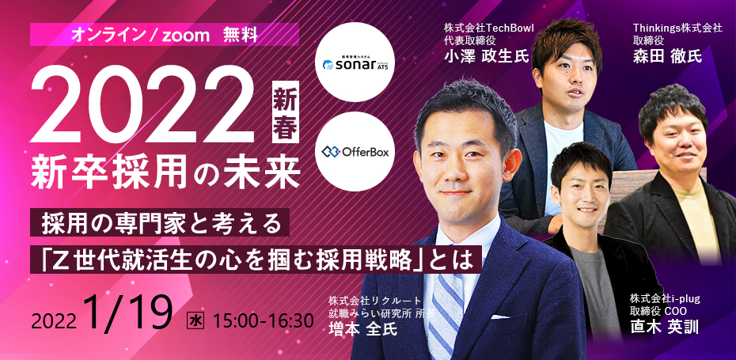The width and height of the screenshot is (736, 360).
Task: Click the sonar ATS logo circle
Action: (355, 62)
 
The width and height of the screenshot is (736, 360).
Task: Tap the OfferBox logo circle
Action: (355, 152)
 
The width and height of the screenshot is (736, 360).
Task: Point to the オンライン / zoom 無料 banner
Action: (165, 35)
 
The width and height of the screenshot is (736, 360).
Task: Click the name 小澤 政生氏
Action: (486, 56)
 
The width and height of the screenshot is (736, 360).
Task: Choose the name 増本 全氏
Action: (362, 328)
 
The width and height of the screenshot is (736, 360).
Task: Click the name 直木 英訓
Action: (665, 327)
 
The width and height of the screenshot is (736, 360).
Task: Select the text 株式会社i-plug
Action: (665, 299)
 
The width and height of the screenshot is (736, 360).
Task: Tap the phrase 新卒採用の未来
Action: (165, 172)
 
